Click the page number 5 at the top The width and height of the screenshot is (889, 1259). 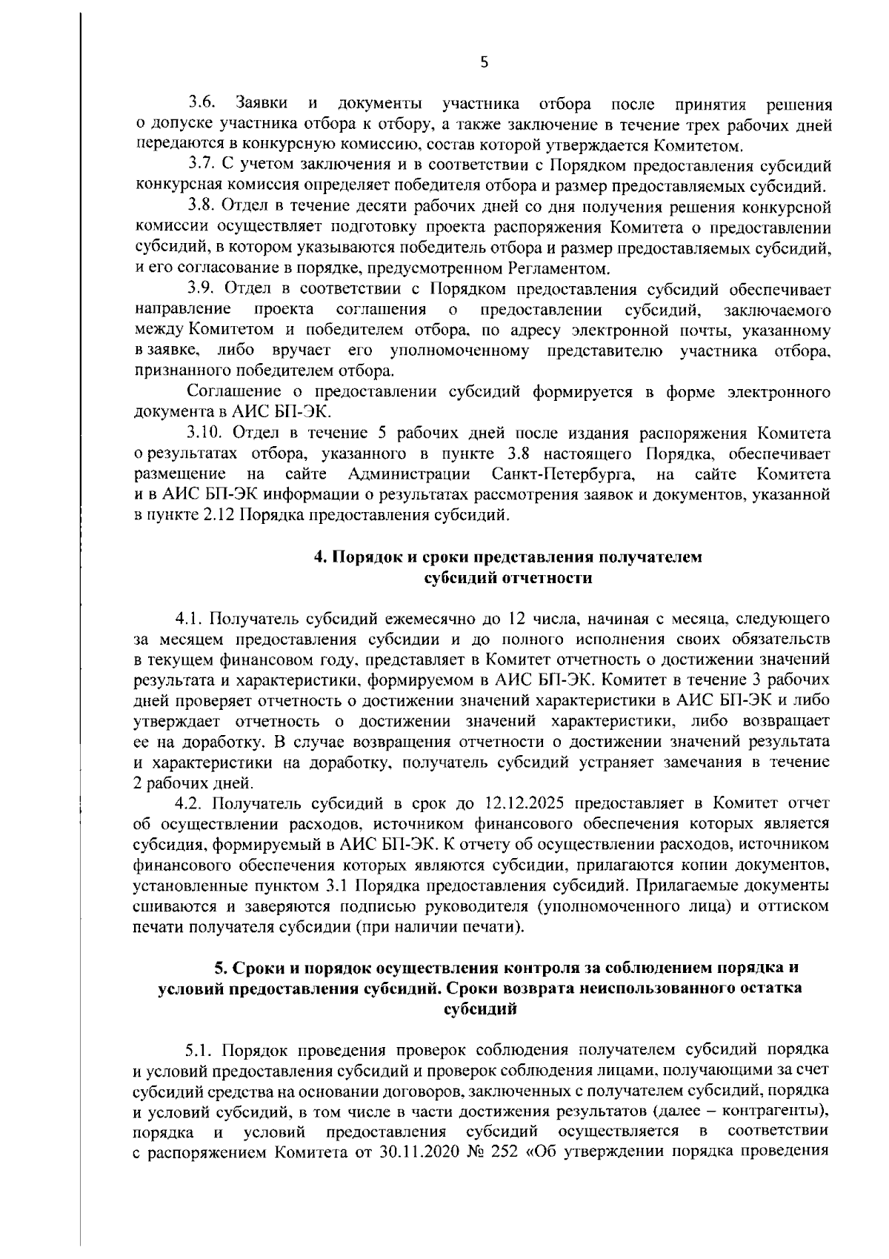pos(484,63)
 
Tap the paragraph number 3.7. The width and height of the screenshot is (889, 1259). pos(201,164)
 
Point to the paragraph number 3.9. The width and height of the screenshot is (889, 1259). pos(201,288)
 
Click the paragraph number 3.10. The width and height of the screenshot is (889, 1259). pos(204,433)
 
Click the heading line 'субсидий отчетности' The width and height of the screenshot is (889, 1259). pos(507,578)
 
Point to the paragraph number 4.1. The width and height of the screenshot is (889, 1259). pos(189,617)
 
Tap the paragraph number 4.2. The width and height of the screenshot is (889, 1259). pos(189,803)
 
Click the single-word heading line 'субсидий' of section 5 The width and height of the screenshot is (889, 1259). pos(479,1009)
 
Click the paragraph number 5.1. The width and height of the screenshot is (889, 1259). pos(200,1050)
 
